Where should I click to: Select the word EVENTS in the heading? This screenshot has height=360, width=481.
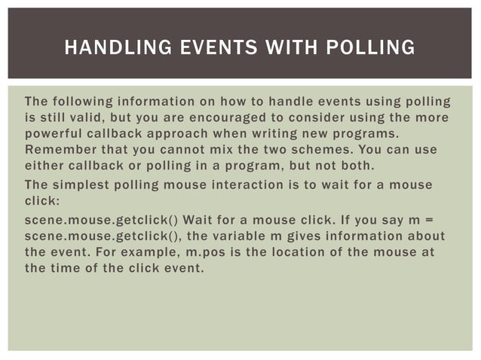[209, 48]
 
